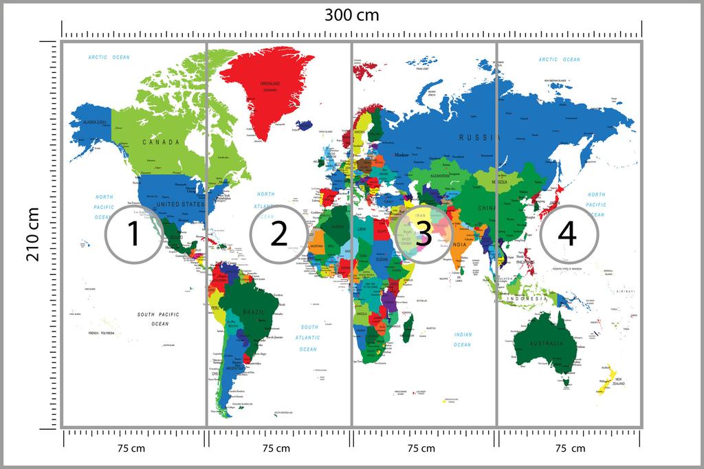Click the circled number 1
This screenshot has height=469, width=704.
point(133,234)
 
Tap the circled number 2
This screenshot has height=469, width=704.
point(278,234)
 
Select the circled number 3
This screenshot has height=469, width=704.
point(423,234)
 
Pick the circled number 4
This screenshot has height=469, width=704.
point(567,234)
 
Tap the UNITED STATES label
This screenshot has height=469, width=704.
point(180,204)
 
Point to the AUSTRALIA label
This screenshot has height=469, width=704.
point(546,343)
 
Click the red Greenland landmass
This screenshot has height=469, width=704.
point(268,86)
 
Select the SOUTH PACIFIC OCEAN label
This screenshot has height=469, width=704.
point(159,318)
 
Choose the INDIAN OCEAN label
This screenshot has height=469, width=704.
point(462,339)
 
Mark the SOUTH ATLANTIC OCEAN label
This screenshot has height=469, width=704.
point(309,338)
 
